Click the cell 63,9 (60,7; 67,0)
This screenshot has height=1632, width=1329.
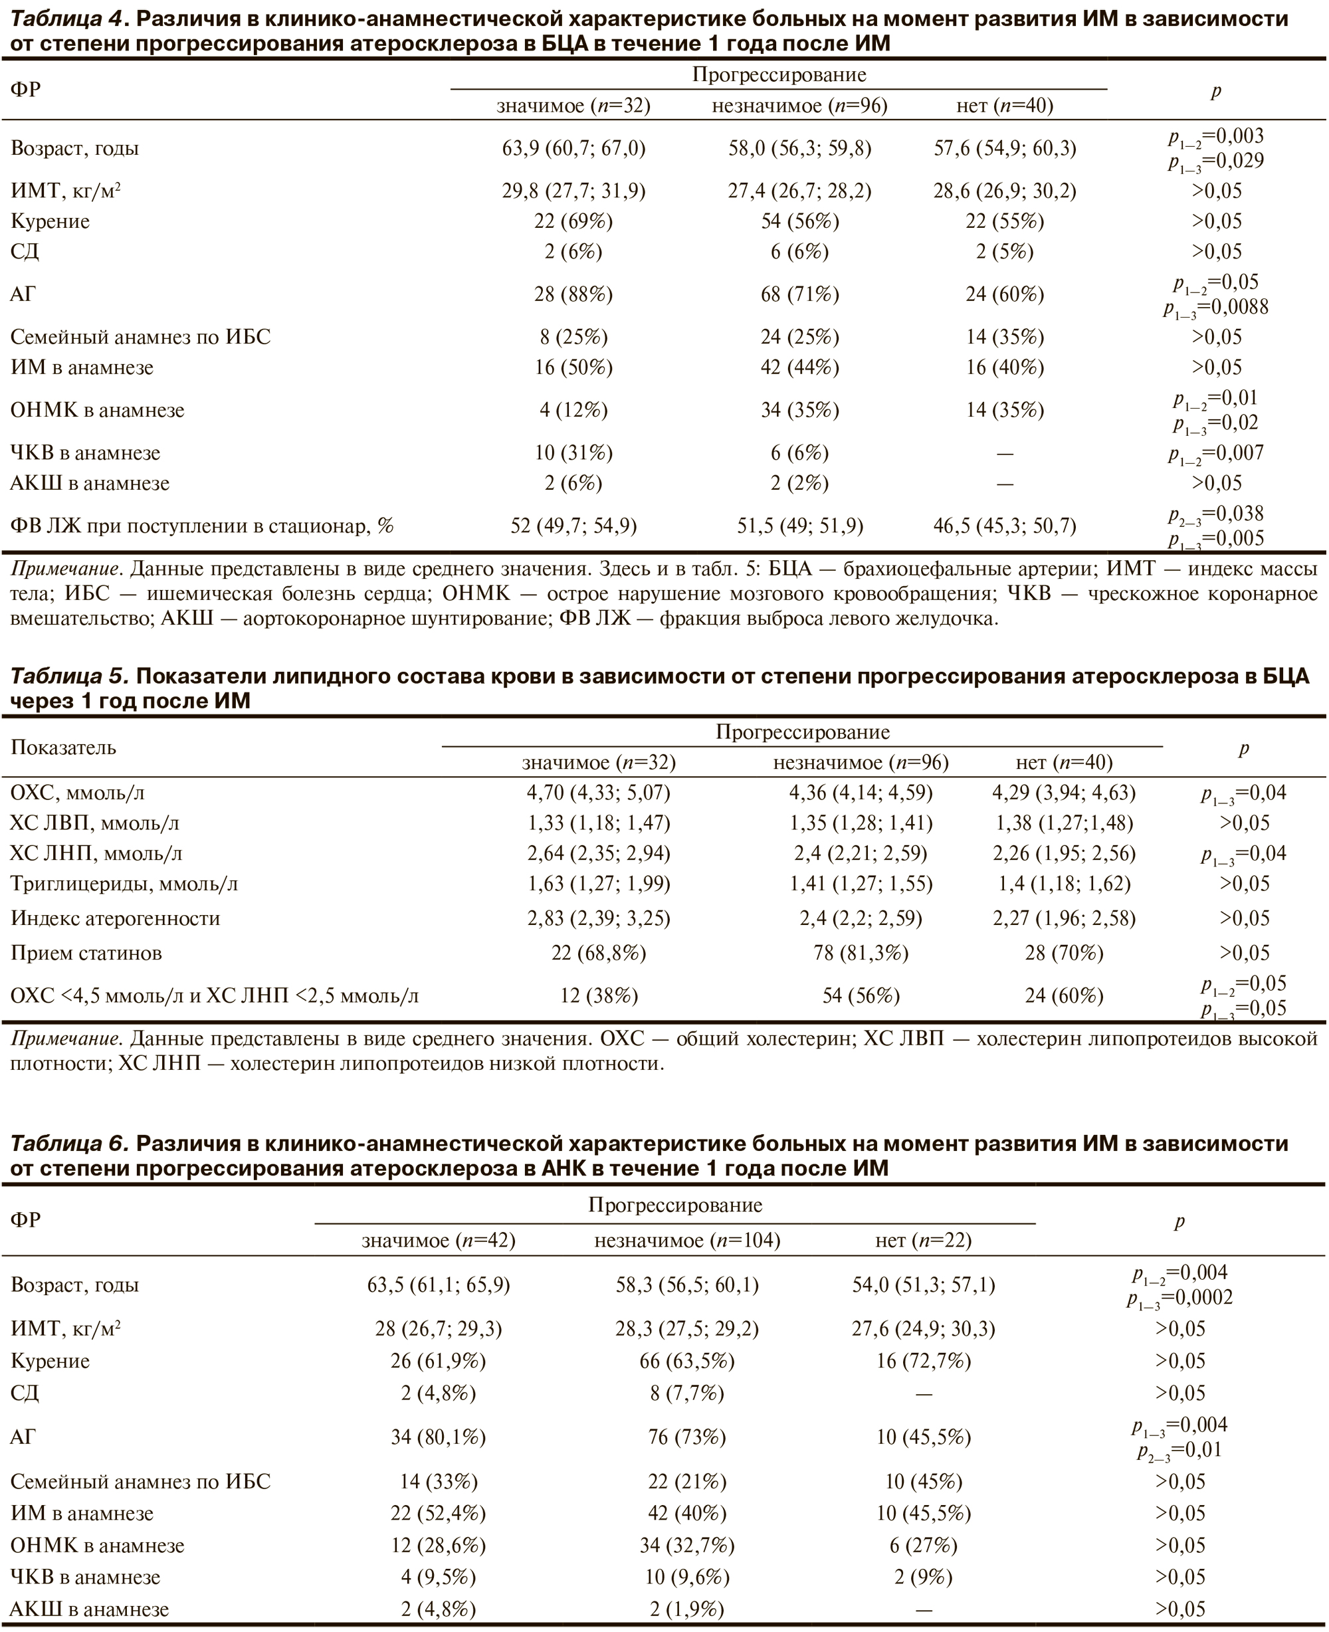573,148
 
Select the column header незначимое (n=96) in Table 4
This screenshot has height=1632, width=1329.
799,106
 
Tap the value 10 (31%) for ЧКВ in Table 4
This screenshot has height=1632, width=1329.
573,453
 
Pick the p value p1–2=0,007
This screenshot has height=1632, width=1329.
1215,454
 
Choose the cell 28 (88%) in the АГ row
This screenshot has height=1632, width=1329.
573,295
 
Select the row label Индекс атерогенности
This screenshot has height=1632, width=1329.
116,918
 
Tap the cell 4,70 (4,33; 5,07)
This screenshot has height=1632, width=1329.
598,793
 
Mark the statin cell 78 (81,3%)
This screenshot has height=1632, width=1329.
861,954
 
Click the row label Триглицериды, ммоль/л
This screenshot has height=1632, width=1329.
124,885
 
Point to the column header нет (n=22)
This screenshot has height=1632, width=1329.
923,1241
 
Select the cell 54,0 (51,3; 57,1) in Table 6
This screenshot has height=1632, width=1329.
923,1285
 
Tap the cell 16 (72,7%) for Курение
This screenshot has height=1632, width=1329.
923,1362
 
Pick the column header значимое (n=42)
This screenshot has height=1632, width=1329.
438,1241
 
